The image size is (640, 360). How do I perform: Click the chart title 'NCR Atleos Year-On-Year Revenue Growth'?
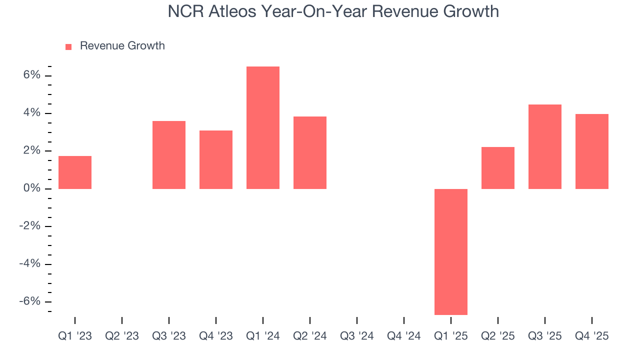[x=333, y=11]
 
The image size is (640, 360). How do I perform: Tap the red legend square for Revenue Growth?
[x=69, y=46]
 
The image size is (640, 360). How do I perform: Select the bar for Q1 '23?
[x=75, y=172]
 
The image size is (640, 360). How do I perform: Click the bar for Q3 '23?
[x=169, y=155]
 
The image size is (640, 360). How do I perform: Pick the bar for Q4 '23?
[x=216, y=159]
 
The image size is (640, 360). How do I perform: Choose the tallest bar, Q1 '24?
[x=263, y=127]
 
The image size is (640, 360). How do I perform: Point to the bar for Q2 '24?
[x=310, y=152]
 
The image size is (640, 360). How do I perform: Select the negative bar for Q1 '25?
[x=451, y=251]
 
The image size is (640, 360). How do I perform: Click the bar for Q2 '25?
[x=498, y=168]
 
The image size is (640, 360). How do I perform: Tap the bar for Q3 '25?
[x=545, y=146]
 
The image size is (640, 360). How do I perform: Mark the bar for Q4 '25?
[x=592, y=151]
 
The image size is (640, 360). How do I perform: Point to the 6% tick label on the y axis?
[x=31, y=75]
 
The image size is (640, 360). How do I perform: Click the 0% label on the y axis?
[x=31, y=188]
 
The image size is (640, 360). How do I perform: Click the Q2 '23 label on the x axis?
[x=122, y=336]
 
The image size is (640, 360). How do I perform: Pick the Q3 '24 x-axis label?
[x=357, y=336]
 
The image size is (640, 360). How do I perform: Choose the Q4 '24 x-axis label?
[x=404, y=336]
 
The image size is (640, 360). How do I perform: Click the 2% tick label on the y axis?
[x=31, y=150]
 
